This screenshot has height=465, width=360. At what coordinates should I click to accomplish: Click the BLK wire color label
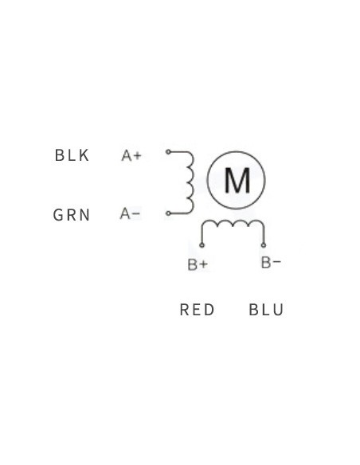[x=72, y=155]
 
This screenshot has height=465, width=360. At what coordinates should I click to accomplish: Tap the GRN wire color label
[x=72, y=215]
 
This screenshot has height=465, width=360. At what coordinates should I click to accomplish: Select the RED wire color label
[x=197, y=310]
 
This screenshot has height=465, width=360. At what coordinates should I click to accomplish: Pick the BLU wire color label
[x=266, y=310]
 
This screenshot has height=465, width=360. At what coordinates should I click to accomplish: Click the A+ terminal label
[x=131, y=156]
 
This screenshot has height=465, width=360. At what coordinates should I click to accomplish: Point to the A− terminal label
[x=130, y=213]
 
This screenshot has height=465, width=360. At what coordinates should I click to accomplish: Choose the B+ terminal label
[x=198, y=264]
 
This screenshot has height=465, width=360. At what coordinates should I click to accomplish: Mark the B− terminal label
[x=271, y=263]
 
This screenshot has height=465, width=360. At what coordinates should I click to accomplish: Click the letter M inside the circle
[x=237, y=180]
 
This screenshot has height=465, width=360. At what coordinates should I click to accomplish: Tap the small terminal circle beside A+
[x=168, y=152]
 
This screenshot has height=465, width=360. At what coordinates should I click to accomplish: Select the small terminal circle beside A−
[x=168, y=213]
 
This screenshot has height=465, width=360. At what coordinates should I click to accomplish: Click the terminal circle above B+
[x=202, y=245]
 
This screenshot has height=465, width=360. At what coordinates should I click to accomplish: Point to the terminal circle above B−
[x=264, y=245]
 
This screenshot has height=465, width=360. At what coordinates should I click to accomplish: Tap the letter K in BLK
[x=84, y=155]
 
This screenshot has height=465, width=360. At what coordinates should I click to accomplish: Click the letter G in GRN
[x=58, y=215]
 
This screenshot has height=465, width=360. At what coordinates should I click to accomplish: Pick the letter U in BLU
[x=278, y=310]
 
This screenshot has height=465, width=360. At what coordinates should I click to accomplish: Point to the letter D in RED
[x=209, y=310]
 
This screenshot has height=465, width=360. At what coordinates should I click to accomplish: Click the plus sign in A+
[x=138, y=156]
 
